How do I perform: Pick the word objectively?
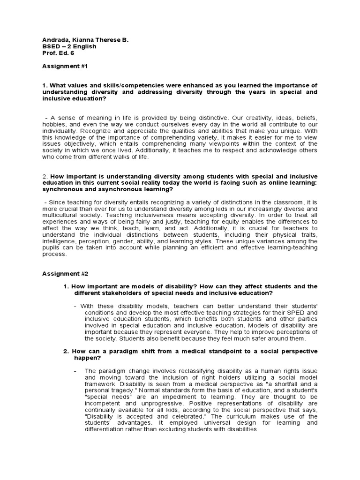(x=85, y=143)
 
